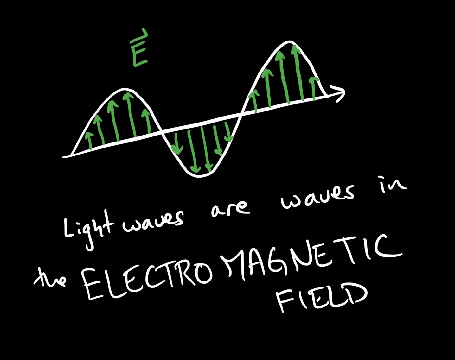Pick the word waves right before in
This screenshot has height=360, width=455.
point(317,197)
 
